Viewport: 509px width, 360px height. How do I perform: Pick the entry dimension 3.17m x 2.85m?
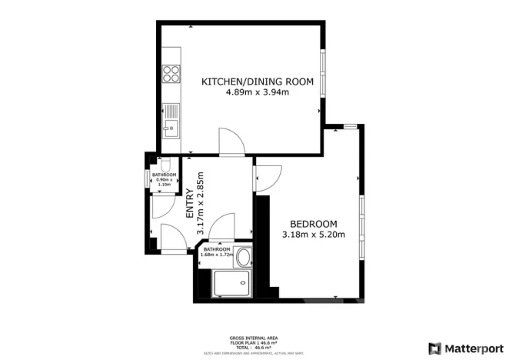point(201,204)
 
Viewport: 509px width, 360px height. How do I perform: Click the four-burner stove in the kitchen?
point(171,75)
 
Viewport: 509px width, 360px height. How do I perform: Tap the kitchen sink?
point(171,127)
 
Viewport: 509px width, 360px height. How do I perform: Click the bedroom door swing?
point(268,178)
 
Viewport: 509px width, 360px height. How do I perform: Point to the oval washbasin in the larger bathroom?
point(244,257)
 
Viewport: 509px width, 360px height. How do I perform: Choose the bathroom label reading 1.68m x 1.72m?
point(217,252)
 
